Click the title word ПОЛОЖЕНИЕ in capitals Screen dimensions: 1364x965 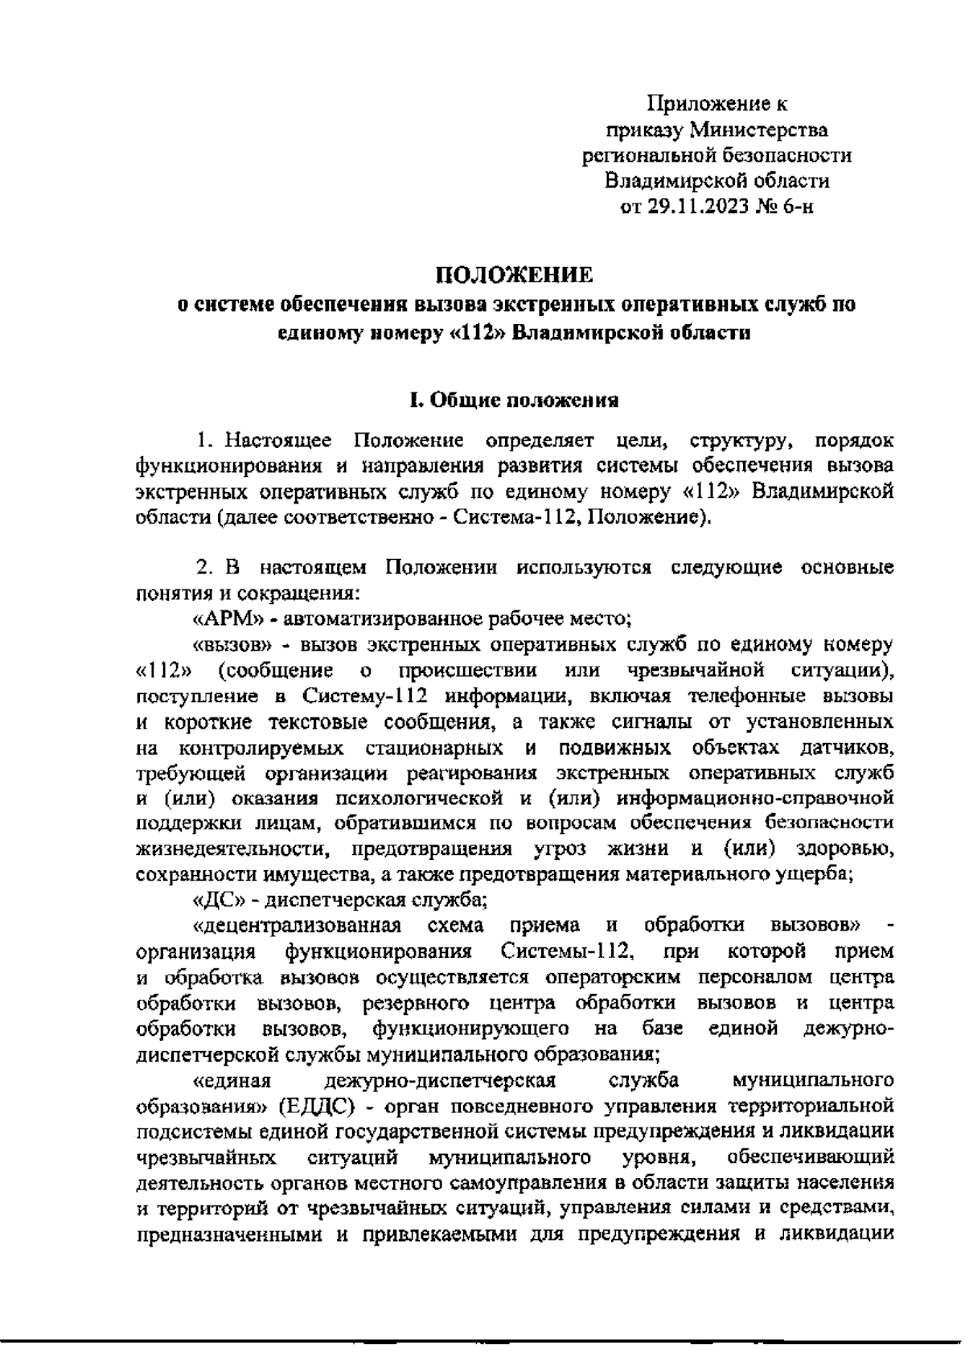click(515, 277)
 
